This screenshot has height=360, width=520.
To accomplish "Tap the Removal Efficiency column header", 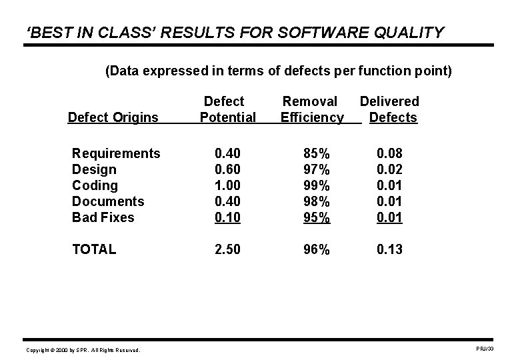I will click(311, 109).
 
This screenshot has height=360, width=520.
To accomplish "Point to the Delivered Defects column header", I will click(390, 109).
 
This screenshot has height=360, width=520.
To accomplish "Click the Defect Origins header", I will click(113, 118).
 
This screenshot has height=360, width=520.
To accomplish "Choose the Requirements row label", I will click(116, 153).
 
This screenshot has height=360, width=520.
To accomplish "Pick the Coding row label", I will click(95, 185).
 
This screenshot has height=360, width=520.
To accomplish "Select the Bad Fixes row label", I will click(103, 217).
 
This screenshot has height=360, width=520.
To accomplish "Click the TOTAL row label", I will click(94, 249).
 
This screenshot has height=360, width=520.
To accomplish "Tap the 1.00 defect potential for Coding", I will click(228, 185).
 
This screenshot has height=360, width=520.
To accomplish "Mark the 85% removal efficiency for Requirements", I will click(312, 153).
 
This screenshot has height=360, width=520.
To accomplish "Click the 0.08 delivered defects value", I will click(390, 153).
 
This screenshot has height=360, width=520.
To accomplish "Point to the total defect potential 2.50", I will click(228, 249).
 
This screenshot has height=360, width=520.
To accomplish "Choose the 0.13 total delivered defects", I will click(390, 249).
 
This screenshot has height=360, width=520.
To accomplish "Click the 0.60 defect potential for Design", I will click(228, 169).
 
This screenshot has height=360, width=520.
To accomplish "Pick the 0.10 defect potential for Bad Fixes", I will click(228, 217).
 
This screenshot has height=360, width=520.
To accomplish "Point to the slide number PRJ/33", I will click(484, 349).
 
